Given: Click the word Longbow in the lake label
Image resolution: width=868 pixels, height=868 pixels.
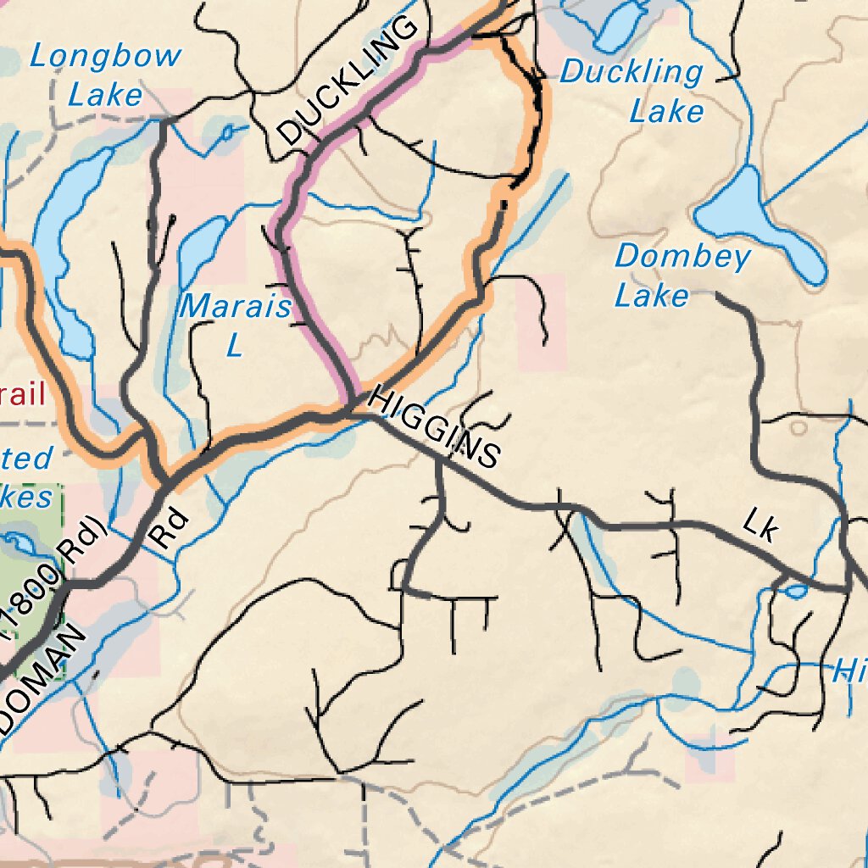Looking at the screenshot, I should [105, 57].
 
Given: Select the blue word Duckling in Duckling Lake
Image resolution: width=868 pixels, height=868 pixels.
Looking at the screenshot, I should [631, 72].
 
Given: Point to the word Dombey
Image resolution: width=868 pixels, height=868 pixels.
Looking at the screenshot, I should [682, 256].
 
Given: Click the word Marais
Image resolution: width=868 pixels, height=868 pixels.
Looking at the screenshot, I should [235, 307].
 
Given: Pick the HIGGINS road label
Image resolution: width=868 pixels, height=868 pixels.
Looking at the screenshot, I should [434, 429].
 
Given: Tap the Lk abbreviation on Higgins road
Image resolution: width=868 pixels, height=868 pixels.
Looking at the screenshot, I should [759, 525].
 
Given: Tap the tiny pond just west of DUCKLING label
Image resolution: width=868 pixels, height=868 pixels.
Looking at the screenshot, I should [227, 132].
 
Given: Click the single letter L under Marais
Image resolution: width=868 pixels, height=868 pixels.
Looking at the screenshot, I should [234, 344].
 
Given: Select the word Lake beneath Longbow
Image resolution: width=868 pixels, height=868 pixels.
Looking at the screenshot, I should [105, 94].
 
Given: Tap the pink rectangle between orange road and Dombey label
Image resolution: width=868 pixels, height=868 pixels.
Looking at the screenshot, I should [541, 322].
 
